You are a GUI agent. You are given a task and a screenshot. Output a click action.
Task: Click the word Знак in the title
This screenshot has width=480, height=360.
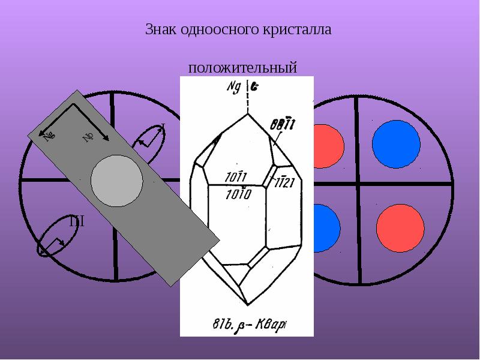pos(159,29)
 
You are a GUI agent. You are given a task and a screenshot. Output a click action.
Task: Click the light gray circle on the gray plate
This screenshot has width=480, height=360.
pos(117,180)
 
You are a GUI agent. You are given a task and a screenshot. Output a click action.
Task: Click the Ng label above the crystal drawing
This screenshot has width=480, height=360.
pos(233,87)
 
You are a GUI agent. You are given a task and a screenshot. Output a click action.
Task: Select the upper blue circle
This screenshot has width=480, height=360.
pos(395,144)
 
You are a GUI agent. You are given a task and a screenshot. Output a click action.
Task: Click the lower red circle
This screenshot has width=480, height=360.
pos(396,229)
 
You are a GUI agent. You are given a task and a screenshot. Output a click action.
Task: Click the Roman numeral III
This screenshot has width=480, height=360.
pos(76,222)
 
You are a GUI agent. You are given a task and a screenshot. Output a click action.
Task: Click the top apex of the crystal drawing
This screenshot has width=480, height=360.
pos(247,113)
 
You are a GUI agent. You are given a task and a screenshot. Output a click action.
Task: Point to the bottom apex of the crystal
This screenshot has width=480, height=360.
pos(251,304)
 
